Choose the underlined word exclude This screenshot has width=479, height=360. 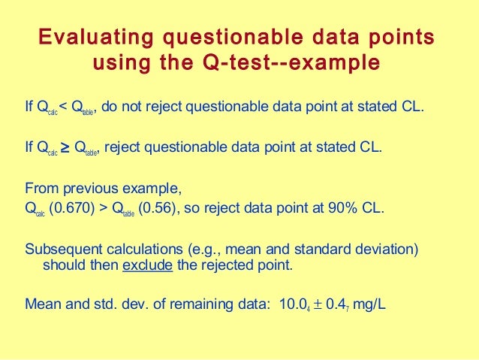click(x=146, y=265)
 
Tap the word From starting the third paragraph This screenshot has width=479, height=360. click(x=39, y=188)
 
